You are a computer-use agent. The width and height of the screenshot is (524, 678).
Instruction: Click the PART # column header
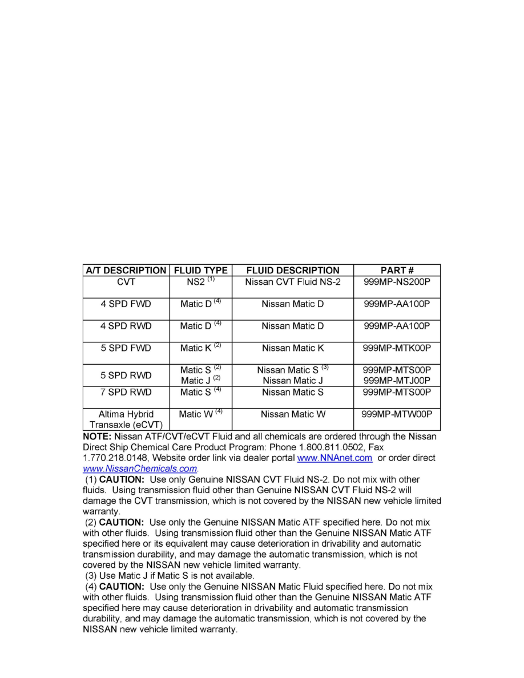[x=397, y=270]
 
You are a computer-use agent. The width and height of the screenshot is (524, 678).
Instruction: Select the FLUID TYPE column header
[x=200, y=270]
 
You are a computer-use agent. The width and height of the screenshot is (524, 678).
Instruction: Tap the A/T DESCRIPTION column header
[x=126, y=270]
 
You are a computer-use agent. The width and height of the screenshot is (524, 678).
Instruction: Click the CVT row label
[x=126, y=281]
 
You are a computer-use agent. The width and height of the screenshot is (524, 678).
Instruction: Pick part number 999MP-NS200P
[x=397, y=281]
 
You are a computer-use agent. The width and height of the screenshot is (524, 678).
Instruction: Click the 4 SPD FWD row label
[x=126, y=304]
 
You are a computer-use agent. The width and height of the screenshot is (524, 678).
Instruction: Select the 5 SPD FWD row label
[x=126, y=348]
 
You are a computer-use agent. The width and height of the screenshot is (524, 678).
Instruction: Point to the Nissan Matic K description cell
[x=292, y=348]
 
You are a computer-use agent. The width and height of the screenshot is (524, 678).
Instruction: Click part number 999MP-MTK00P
[x=397, y=348]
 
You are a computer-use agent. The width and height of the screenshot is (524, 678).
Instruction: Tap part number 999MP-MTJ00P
[x=397, y=380]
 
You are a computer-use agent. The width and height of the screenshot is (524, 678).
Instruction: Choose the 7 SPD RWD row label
[x=126, y=392]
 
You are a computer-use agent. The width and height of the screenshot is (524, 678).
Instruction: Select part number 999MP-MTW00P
[x=397, y=414]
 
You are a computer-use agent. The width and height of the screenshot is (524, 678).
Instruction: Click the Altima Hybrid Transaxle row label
[x=126, y=419]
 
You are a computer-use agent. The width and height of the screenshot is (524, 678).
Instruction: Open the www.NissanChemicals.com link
[x=140, y=469]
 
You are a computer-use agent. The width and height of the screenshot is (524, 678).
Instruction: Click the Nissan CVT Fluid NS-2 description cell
[x=292, y=281]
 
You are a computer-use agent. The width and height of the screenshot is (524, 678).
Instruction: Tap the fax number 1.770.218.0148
[x=114, y=458]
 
